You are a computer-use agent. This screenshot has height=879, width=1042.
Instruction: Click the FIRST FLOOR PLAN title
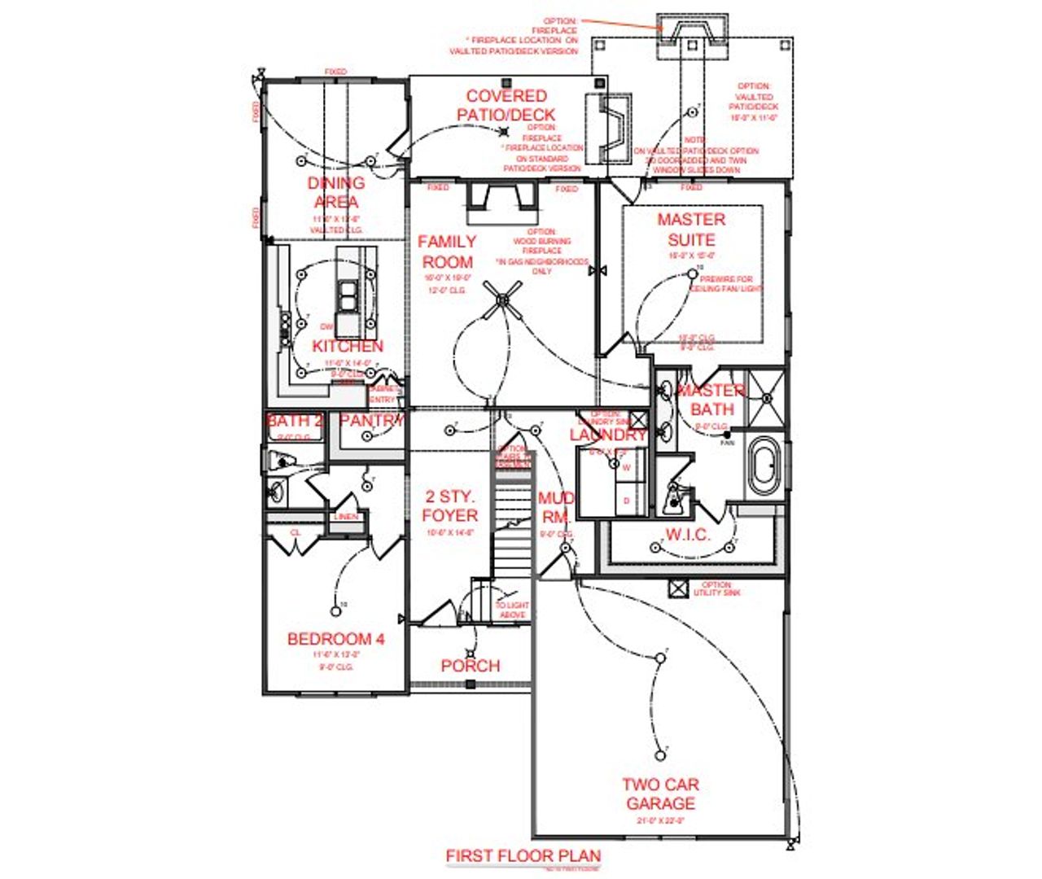pyautogui.click(x=523, y=855)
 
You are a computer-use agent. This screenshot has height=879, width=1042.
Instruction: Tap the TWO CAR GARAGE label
pyautogui.click(x=660, y=794)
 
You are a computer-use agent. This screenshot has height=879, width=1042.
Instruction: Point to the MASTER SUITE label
pyautogui.click(x=691, y=230)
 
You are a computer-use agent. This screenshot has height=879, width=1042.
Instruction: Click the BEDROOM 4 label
pyautogui.click(x=335, y=639)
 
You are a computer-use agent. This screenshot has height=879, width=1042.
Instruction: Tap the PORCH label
pyautogui.click(x=470, y=665)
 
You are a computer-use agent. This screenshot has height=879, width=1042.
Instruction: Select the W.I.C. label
pyautogui.click(x=689, y=535)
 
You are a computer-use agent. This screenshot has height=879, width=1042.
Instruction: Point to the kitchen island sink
pyautogui.click(x=348, y=297)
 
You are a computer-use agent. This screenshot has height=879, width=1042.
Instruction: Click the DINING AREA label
pyautogui.click(x=336, y=192)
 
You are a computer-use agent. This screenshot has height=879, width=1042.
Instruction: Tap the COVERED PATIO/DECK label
pyautogui.click(x=506, y=105)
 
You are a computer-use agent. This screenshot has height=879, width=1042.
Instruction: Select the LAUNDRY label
pyautogui.click(x=607, y=435)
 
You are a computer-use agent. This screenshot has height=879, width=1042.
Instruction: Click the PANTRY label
pyautogui.click(x=371, y=421)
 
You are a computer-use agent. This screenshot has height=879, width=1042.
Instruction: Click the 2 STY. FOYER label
pyautogui.click(x=449, y=505)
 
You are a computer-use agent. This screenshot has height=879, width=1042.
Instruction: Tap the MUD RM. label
pyautogui.click(x=557, y=506)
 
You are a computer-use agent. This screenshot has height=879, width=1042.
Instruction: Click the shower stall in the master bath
pyautogui.click(x=766, y=397)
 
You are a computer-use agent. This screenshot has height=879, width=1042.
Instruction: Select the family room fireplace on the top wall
pyautogui.click(x=501, y=201)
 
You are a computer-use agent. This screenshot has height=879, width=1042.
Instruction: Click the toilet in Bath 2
pyautogui.click(x=277, y=461)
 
